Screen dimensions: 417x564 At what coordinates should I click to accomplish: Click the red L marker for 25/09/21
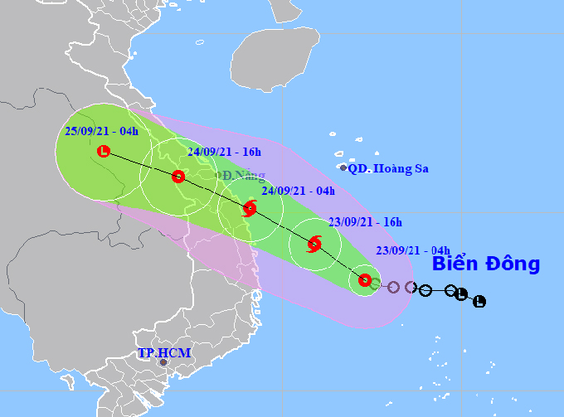point(103,151)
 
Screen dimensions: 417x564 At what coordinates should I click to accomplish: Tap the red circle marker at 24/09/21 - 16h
point(177,177)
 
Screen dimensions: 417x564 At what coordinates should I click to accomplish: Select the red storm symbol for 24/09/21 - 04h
point(250,210)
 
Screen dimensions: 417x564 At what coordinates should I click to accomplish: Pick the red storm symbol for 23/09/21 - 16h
point(314,244)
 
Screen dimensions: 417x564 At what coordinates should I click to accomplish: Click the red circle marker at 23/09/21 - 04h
point(365,280)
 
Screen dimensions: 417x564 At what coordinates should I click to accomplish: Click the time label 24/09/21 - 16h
point(224,152)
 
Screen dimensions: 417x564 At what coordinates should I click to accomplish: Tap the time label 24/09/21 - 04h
point(298,192)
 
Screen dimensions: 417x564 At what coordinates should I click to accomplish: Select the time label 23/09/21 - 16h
point(364,222)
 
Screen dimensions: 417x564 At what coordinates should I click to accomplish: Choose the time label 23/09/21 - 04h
point(412,250)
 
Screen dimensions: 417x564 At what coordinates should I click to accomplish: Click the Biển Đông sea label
point(485,264)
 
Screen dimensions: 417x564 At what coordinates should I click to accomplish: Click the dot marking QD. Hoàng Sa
point(343,167)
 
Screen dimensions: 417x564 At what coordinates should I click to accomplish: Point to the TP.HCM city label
point(163,353)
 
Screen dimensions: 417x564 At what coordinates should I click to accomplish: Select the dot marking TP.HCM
point(163,362)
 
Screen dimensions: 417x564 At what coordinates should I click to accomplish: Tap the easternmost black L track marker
point(479,301)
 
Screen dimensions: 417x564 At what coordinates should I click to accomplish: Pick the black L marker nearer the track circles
point(461,294)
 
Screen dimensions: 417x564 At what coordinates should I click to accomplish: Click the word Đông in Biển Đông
point(508,264)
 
